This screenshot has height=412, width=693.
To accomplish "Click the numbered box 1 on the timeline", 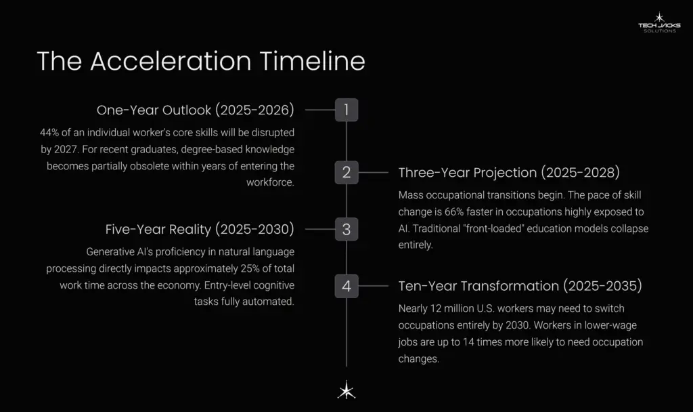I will pyautogui.click(x=346, y=110).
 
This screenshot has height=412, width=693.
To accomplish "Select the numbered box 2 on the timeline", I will pyautogui.click(x=346, y=172).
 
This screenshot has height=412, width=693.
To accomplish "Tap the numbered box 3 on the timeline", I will pyautogui.click(x=346, y=229).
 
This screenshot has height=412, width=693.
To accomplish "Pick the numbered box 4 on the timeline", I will pyautogui.click(x=346, y=286).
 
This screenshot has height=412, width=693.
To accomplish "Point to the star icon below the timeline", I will pyautogui.click(x=346, y=390).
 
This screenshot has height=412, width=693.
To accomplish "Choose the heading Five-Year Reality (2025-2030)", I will pyautogui.click(x=200, y=229).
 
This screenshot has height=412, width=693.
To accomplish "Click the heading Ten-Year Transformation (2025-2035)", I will pyautogui.click(x=520, y=286).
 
